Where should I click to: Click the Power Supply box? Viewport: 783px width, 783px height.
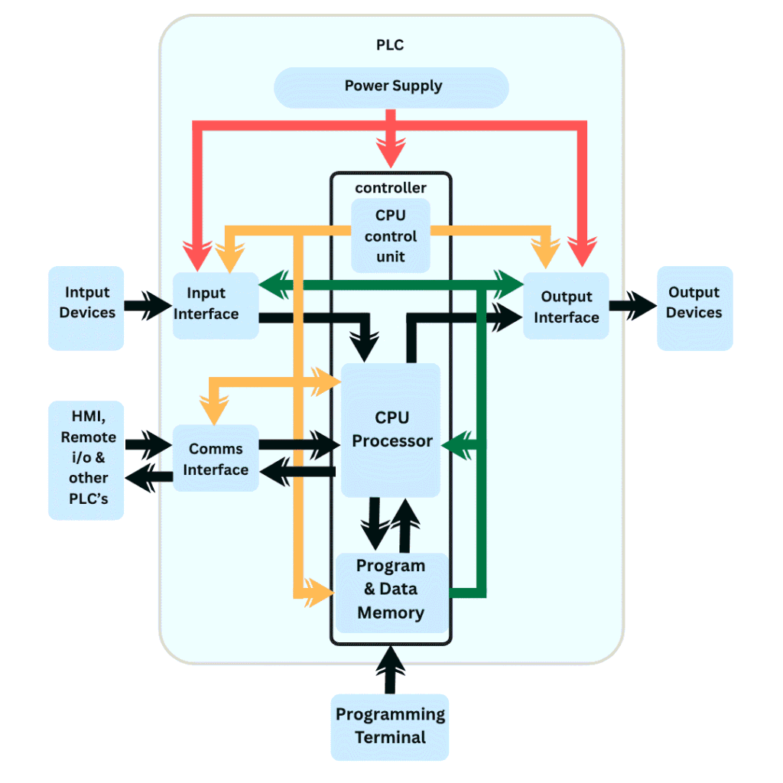pyautogui.click(x=391, y=86)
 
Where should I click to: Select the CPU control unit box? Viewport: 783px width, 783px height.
pyautogui.click(x=391, y=236)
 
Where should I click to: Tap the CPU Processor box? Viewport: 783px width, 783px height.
pyautogui.click(x=391, y=430)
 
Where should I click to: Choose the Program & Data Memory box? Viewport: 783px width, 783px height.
pyautogui.click(x=391, y=590)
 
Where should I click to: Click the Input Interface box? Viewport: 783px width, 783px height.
pyautogui.click(x=215, y=304)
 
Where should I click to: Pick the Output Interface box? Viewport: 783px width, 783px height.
pyautogui.click(x=566, y=306)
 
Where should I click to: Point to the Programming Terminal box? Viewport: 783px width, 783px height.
pyautogui.click(x=390, y=726)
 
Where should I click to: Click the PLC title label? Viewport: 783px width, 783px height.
pyautogui.click(x=390, y=45)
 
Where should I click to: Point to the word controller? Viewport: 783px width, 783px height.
pyautogui.click(x=391, y=187)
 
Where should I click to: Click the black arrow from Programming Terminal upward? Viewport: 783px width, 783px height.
pyautogui.click(x=391, y=670)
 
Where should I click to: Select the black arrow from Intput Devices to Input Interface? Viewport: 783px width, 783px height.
pyautogui.click(x=148, y=307)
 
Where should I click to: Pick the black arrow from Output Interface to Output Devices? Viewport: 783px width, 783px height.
pyautogui.click(x=632, y=307)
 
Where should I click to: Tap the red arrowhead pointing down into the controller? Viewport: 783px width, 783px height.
pyautogui.click(x=391, y=153)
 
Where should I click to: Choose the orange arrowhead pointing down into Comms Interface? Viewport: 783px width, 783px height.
pyautogui.click(x=214, y=411)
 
